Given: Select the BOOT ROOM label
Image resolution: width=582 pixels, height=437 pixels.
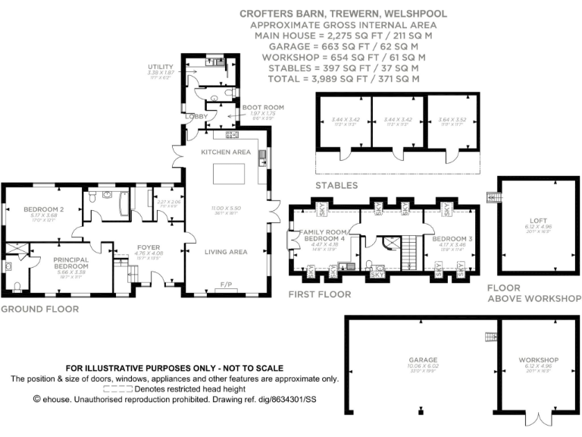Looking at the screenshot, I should [x=263, y=108].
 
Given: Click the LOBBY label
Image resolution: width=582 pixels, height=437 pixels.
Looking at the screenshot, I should [x=196, y=115].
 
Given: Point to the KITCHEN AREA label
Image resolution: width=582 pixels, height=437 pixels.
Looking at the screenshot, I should [x=225, y=152].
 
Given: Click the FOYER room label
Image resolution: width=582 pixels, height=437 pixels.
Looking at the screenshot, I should [x=149, y=247].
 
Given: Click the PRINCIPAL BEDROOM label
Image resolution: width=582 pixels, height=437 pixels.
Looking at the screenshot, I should [x=70, y=263].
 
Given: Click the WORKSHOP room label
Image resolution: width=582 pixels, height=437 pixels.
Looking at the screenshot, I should [x=539, y=360].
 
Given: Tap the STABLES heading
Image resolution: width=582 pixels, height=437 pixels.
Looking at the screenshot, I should [x=336, y=185].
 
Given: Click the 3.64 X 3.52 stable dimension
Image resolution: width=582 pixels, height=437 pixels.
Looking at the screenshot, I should [x=452, y=120].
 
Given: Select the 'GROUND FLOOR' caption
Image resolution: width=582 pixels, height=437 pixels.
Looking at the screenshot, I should [x=39, y=309].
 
